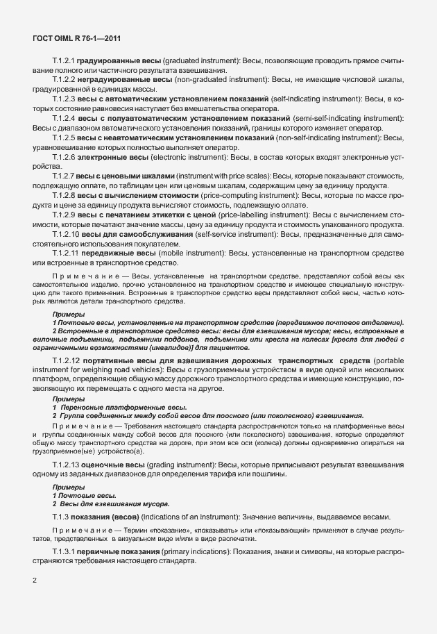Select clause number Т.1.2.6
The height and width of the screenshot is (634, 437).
(64, 158)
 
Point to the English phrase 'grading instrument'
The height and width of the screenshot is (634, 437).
(182, 464)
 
